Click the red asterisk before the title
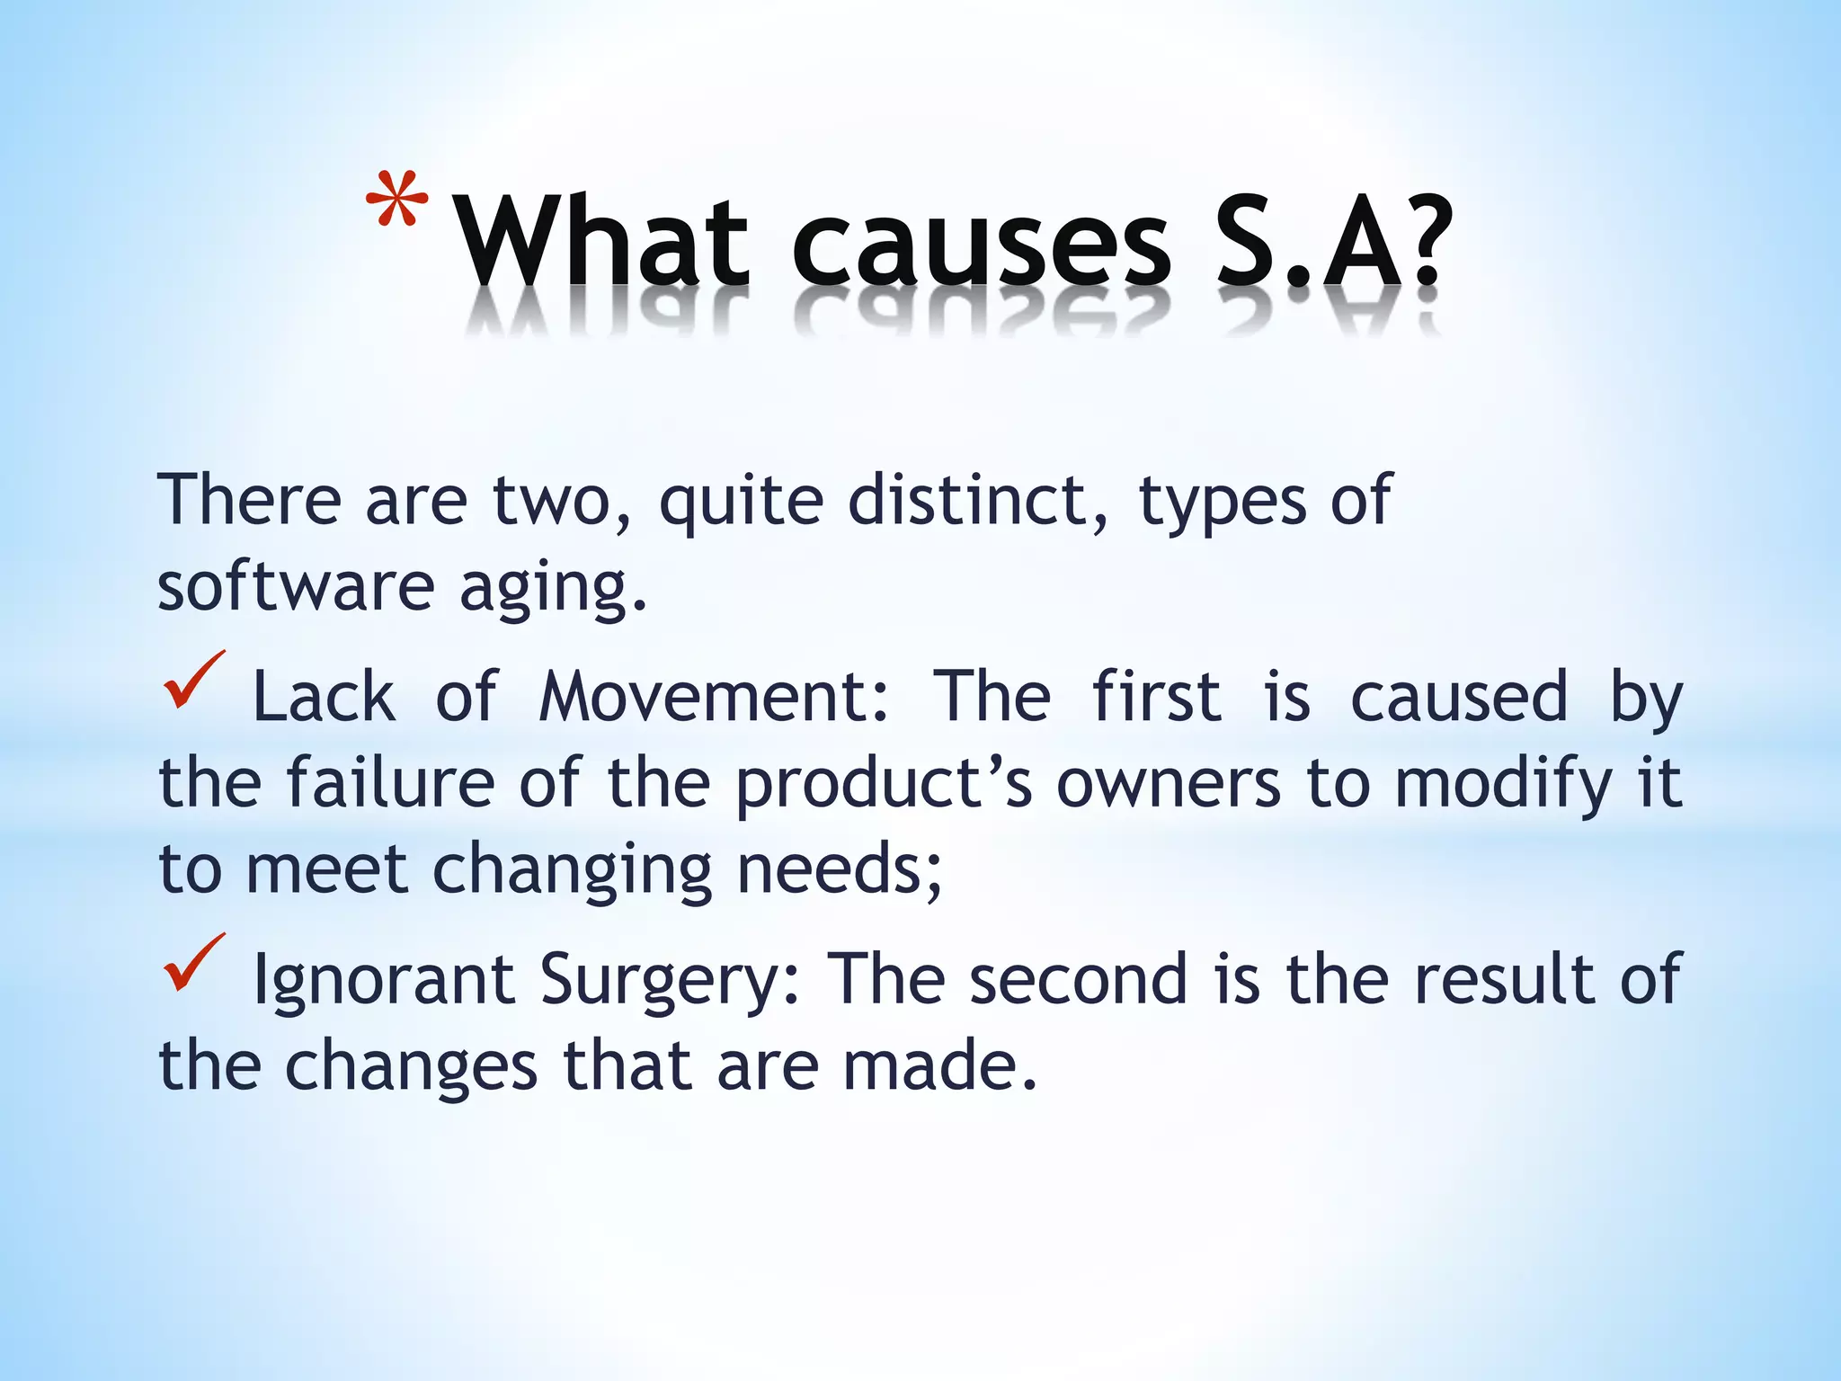[397, 199]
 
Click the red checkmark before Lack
[193, 681]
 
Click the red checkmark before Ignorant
[193, 963]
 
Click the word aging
[552, 590]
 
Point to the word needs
[840, 870]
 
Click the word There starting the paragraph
[249, 500]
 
